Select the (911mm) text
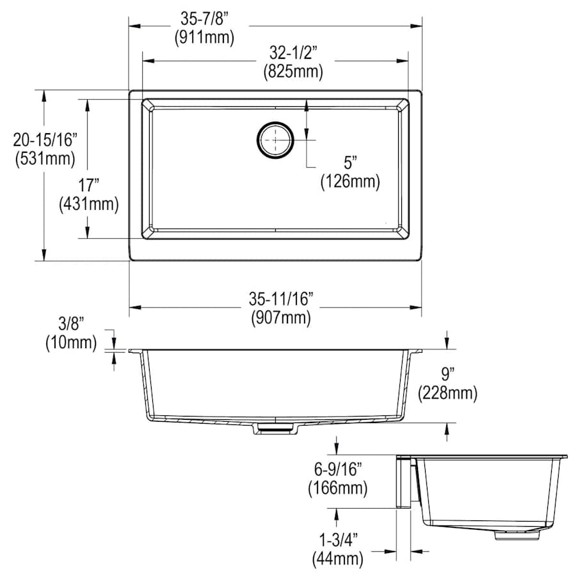coord(204,37)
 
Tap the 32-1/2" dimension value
coord(293,53)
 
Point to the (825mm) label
coord(293,71)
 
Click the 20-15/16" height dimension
coord(45,140)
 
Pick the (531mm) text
coord(45,159)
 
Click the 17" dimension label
coord(88,185)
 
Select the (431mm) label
coord(89,204)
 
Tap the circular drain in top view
coord(275,140)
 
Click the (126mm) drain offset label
coord(350,182)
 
